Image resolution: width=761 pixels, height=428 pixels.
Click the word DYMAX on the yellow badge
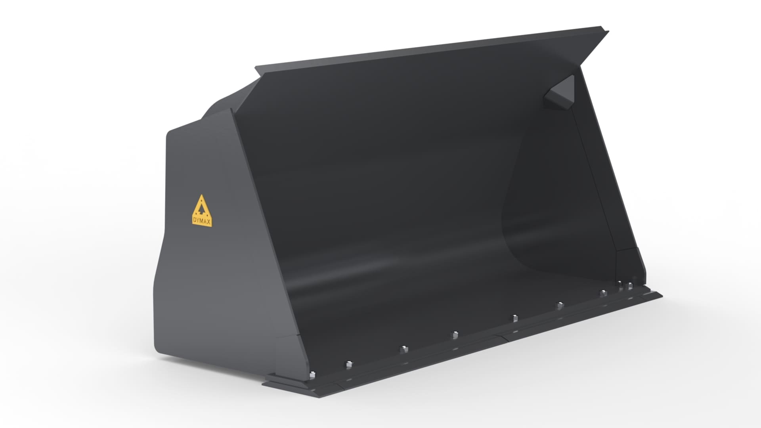point(202,222)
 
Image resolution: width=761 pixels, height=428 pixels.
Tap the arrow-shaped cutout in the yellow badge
point(202,208)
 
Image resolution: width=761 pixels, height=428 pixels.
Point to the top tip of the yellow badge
point(202,196)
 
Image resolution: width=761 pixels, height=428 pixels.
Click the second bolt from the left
point(349,364)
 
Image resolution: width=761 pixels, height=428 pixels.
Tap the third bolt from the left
point(402,349)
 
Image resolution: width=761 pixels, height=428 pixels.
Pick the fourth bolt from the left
point(455,335)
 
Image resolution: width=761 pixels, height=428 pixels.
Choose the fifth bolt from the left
point(514,318)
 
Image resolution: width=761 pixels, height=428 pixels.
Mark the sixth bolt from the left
point(559,305)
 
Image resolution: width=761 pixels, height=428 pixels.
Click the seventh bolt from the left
point(603,293)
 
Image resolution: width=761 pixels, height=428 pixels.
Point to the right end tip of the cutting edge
point(661,294)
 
